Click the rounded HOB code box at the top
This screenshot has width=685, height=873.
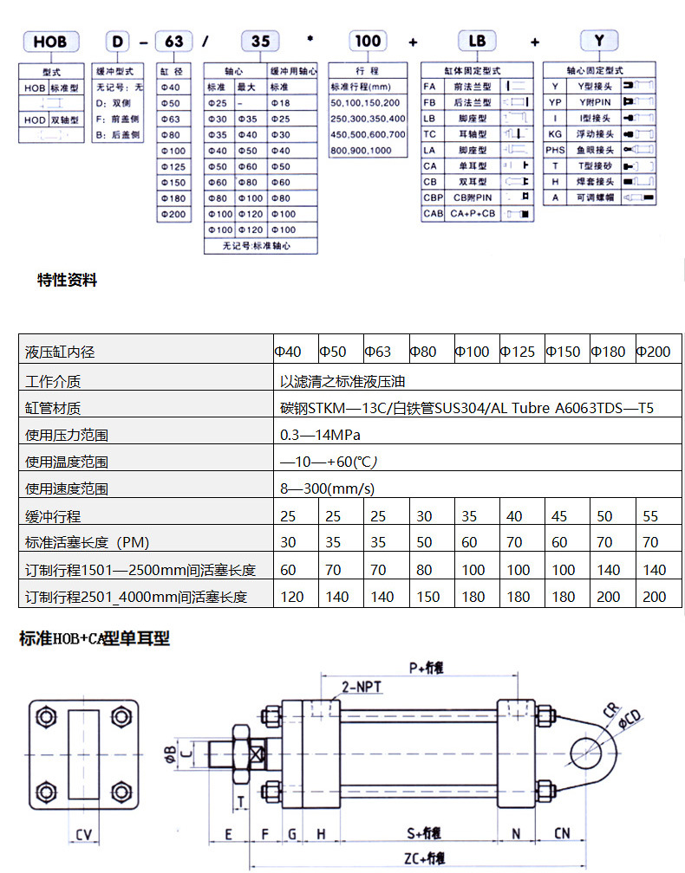coord(50,41)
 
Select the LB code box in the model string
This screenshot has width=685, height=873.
coord(478,41)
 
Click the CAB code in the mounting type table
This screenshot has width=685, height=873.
coord(433,213)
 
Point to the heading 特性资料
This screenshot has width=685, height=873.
coord(68,280)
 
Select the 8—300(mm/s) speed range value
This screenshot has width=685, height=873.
coord(327,488)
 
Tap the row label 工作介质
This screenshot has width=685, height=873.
coord(54,381)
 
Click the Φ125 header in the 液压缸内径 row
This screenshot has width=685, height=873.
coord(519,352)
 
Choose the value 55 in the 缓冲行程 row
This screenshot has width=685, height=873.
coord(650,516)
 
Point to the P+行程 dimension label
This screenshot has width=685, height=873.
coord(426,668)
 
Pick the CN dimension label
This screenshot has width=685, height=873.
coord(562,833)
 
